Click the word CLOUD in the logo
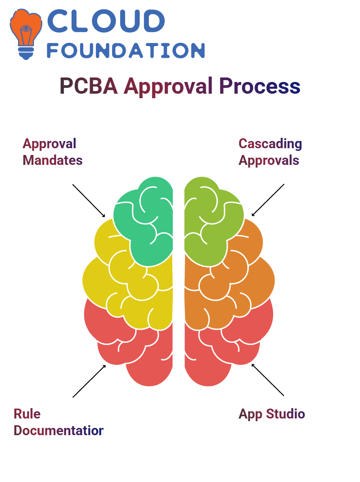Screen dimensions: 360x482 (x=106, y=21)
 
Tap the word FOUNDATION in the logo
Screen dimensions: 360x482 (x=126, y=50)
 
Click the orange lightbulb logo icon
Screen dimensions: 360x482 (x=26, y=34)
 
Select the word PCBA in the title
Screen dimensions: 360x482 (x=89, y=86)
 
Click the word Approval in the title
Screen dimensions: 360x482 (x=168, y=86)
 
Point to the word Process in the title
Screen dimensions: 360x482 (x=260, y=86)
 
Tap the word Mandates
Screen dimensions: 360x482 (x=53, y=160)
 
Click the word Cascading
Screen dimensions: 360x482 (x=270, y=144)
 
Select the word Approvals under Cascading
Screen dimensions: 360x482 (x=269, y=161)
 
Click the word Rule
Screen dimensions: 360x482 (x=27, y=414)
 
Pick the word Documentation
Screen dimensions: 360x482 (x=58, y=430)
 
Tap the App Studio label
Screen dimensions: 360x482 (x=272, y=414)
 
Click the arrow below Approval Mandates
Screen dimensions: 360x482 (x=89, y=201)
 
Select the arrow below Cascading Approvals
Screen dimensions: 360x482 (x=268, y=200)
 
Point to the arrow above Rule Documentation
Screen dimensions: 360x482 (x=89, y=381)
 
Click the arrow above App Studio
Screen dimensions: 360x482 (x=268, y=380)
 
